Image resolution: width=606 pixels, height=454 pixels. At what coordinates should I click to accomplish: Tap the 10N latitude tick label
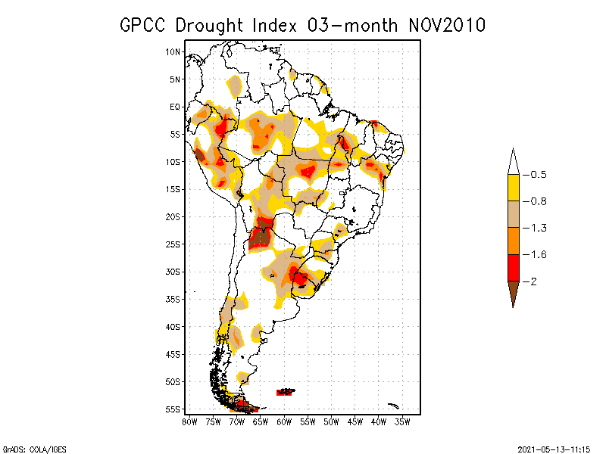[173, 51]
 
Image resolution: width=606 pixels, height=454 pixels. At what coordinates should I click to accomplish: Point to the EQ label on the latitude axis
[175, 107]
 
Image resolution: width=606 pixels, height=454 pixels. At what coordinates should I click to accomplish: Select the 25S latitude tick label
[173, 244]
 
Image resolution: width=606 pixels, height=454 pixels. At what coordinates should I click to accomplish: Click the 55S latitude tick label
[173, 409]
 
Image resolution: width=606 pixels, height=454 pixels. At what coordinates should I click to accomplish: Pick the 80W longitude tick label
[189, 421]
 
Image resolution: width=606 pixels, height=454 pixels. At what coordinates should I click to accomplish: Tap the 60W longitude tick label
[284, 421]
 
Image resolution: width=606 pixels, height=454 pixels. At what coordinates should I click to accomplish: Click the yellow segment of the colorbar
[513, 188]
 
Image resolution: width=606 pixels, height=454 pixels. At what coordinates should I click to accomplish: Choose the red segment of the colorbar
[513, 267]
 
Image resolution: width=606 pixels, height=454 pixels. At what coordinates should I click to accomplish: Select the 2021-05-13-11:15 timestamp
[554, 447]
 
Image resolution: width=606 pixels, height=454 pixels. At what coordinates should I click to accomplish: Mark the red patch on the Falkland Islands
[285, 392]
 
